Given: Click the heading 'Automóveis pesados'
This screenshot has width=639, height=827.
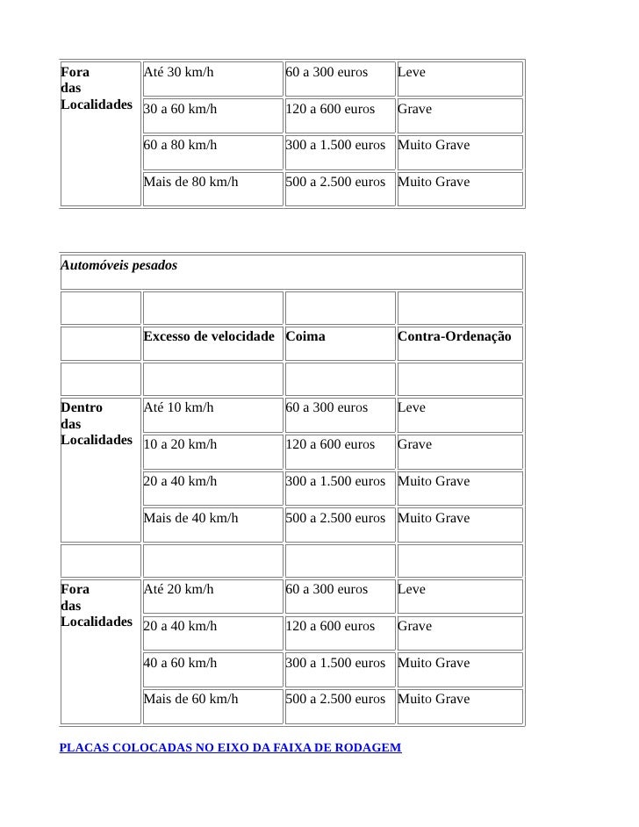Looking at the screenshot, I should [118, 265].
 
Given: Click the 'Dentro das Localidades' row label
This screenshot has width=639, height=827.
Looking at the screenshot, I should [96, 423].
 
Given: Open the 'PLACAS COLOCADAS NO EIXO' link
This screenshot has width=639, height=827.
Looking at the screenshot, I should [230, 748].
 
